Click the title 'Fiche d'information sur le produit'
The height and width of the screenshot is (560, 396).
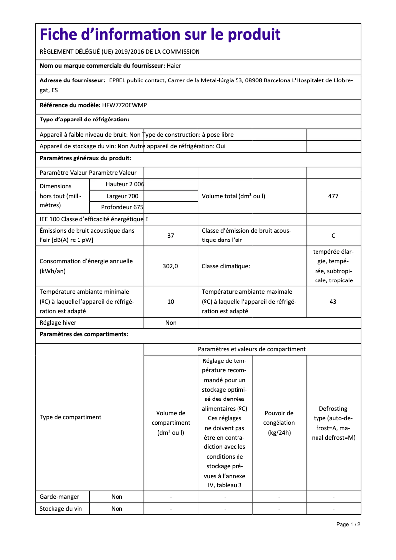(x=160, y=35)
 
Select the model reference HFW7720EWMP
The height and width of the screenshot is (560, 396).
(x=124, y=105)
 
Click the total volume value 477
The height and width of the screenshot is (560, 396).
(x=333, y=196)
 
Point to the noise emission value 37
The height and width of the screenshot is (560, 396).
(x=171, y=236)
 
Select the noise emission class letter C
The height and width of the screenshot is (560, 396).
(x=333, y=236)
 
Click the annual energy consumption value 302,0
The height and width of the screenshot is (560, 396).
(x=171, y=266)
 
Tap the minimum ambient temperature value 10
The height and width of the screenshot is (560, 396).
(x=171, y=302)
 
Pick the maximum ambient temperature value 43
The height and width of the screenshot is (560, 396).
(x=333, y=302)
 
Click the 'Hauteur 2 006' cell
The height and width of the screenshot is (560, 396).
(x=124, y=184)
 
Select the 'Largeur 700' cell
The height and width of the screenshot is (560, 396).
(x=122, y=196)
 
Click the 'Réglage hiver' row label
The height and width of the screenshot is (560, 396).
(x=58, y=323)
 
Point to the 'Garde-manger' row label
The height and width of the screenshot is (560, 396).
(x=59, y=497)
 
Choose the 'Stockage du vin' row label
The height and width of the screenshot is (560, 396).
(x=61, y=509)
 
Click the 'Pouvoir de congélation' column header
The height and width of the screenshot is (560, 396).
(x=279, y=423)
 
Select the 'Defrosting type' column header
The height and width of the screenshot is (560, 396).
(x=333, y=423)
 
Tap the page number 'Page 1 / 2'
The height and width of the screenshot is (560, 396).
(x=348, y=524)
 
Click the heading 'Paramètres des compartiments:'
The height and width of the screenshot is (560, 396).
(x=84, y=335)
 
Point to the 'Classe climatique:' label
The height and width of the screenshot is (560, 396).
(x=226, y=266)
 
